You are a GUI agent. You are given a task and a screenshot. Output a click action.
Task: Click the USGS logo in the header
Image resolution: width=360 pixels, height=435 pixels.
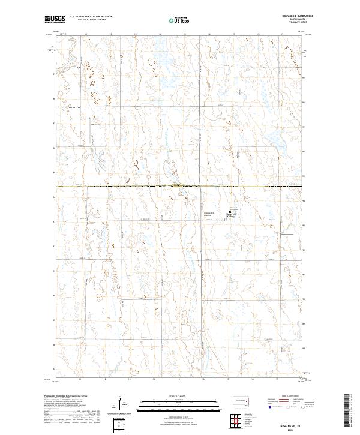[x=55, y=19]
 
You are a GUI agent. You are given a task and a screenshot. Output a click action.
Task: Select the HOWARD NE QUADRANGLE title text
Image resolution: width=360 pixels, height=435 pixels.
[x=293, y=15]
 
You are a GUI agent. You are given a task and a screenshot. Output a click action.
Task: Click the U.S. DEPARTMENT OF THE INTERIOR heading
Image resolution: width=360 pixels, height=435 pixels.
[x=89, y=17]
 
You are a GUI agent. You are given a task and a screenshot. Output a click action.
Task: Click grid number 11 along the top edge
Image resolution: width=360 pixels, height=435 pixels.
[x=86, y=34]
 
